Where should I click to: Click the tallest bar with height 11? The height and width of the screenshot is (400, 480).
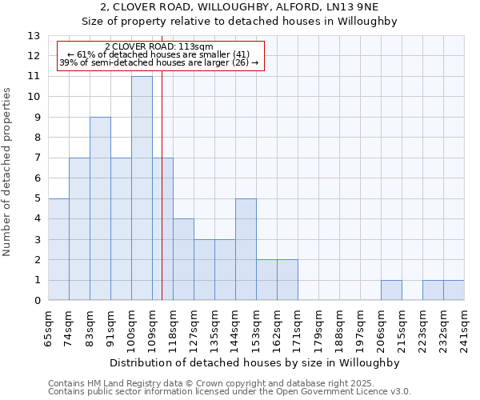coord(142,188)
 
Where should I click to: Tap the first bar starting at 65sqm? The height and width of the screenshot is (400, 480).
coord(58,250)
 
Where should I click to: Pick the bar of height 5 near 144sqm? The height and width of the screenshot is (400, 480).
coord(246,250)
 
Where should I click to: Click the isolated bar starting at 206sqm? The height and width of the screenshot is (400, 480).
coord(391,290)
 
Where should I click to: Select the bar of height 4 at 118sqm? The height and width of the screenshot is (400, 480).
coord(183,259)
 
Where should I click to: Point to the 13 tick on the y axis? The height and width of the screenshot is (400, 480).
coord(34,36)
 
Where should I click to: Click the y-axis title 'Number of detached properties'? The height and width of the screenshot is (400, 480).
coord(7,172)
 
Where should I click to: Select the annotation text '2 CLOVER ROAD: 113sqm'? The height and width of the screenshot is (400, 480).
coord(159,46)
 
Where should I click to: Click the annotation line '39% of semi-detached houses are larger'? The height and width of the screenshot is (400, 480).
coord(159,62)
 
